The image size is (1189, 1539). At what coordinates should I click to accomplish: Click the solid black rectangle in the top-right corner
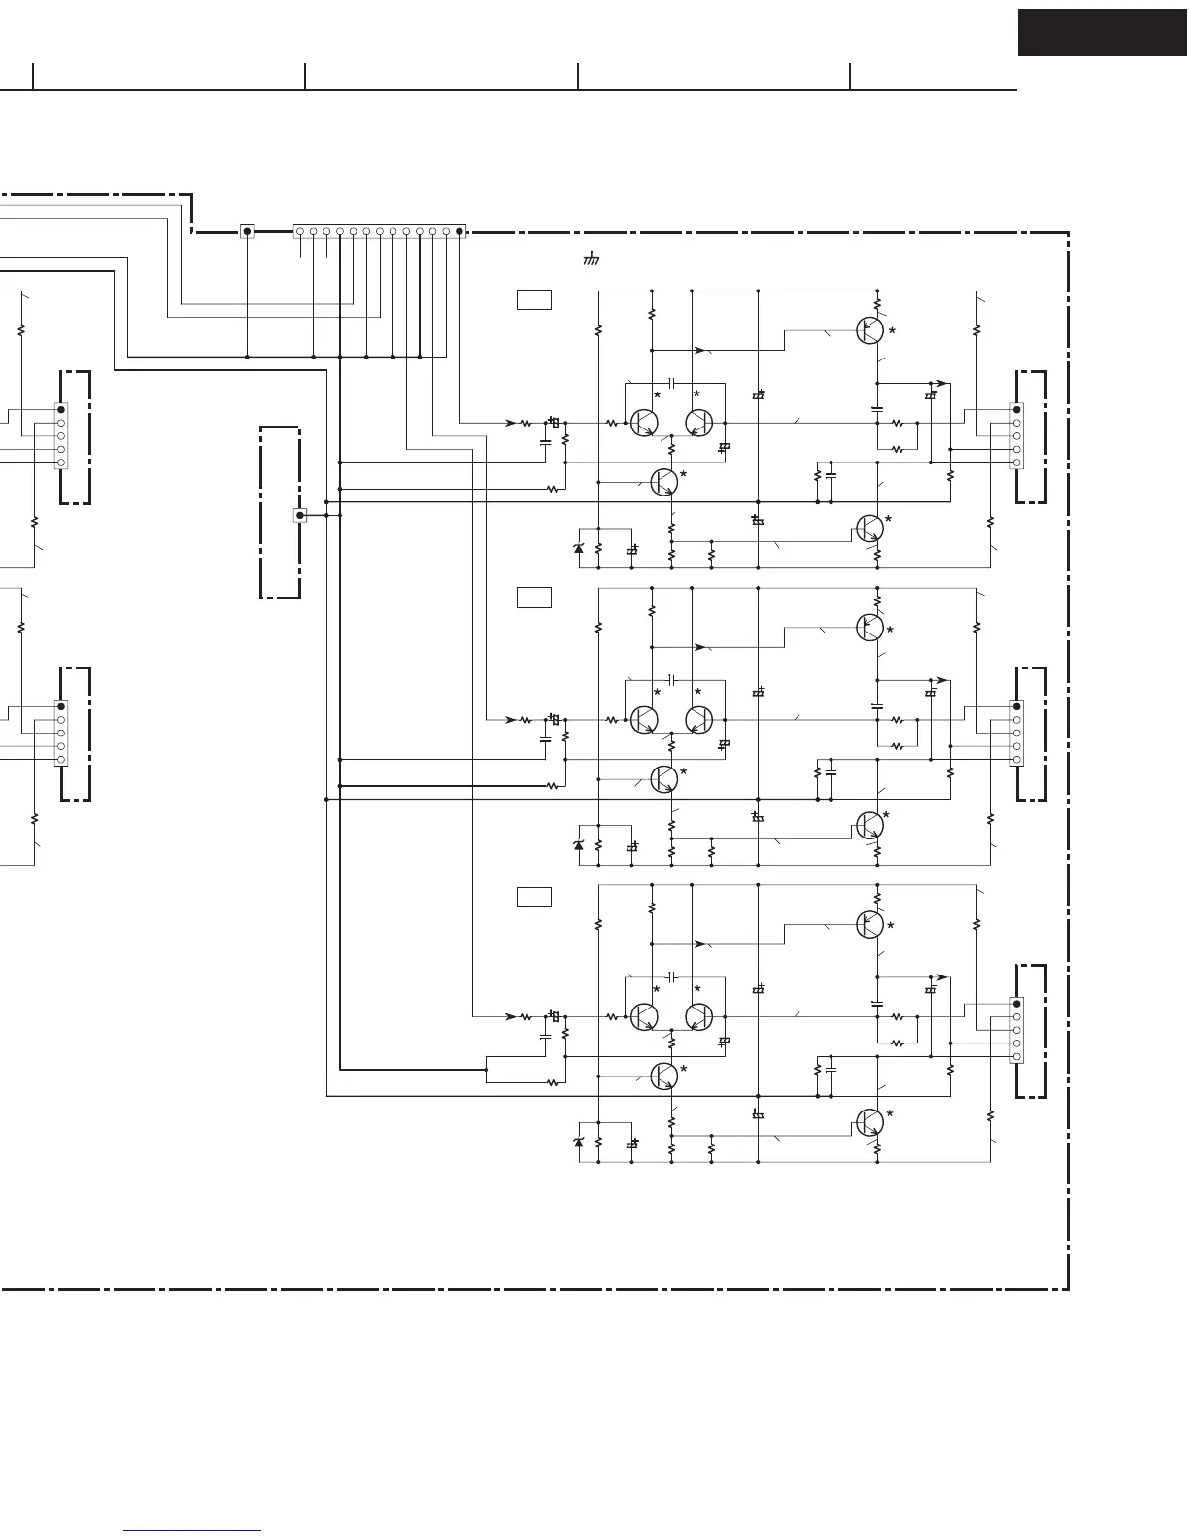[x=1102, y=32]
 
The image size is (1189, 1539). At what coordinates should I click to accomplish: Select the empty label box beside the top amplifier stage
[x=534, y=300]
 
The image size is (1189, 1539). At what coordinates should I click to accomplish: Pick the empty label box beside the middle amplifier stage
[x=534, y=598]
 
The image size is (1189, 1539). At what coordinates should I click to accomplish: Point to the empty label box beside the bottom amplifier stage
[x=534, y=897]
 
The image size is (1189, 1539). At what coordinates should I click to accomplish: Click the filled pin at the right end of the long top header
[x=459, y=231]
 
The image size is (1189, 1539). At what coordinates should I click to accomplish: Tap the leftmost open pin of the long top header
[x=300, y=231]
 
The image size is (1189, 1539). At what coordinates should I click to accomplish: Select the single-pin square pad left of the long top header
[x=247, y=231]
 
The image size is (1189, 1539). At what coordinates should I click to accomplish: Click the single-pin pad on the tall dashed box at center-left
[x=300, y=515]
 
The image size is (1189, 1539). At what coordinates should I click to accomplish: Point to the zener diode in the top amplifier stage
[x=579, y=549]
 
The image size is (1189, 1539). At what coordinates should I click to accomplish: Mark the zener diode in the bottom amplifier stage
[x=579, y=1144]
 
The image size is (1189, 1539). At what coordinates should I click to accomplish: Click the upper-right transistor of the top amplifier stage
[x=869, y=330]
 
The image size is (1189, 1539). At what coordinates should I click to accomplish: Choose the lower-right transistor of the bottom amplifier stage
[x=869, y=1122]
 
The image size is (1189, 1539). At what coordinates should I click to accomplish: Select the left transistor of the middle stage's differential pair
[x=643, y=720]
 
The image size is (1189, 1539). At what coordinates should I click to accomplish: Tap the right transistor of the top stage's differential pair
[x=699, y=423]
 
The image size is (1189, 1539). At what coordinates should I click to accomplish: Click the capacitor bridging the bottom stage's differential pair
[x=671, y=975]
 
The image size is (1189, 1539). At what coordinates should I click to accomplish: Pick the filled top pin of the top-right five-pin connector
[x=1016, y=409]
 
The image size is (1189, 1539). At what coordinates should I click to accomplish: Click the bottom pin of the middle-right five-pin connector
[x=1016, y=759]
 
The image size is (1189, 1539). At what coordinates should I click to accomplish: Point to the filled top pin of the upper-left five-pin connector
[x=61, y=409]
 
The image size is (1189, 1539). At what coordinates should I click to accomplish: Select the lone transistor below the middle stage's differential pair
[x=663, y=778]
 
